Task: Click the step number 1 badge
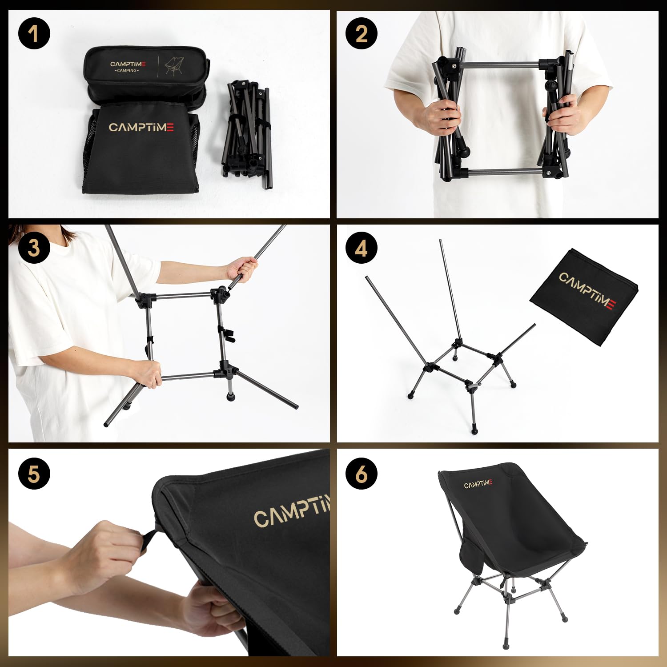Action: pyautogui.click(x=34, y=33)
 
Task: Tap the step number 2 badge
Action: pyautogui.click(x=362, y=33)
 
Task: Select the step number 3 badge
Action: pyautogui.click(x=34, y=248)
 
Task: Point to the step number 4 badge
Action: pyautogui.click(x=362, y=248)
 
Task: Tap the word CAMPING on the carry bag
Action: pyautogui.click(x=127, y=71)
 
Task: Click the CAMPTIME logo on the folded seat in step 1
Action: pyautogui.click(x=141, y=128)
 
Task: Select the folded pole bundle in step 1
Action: pyautogui.click(x=247, y=129)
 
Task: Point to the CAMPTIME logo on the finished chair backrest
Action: pyautogui.click(x=478, y=484)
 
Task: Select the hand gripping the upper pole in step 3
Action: pyautogui.click(x=242, y=269)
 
